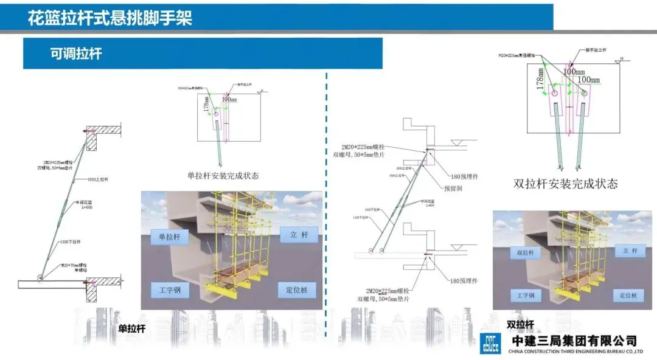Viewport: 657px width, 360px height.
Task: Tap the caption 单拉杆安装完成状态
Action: tap(223, 176)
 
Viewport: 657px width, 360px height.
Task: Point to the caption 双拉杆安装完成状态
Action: tap(566, 184)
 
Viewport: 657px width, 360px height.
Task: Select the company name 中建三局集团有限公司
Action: tap(575, 341)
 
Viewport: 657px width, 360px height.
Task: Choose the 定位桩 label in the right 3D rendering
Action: tap(630, 296)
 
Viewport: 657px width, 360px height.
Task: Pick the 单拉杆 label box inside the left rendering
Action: tap(170, 236)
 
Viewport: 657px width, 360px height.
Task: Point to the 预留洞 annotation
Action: tap(453, 189)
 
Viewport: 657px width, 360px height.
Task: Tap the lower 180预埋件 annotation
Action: tap(464, 281)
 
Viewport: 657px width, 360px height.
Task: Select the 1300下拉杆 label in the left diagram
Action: tap(71, 242)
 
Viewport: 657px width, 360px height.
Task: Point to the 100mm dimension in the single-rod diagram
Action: tap(229, 99)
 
